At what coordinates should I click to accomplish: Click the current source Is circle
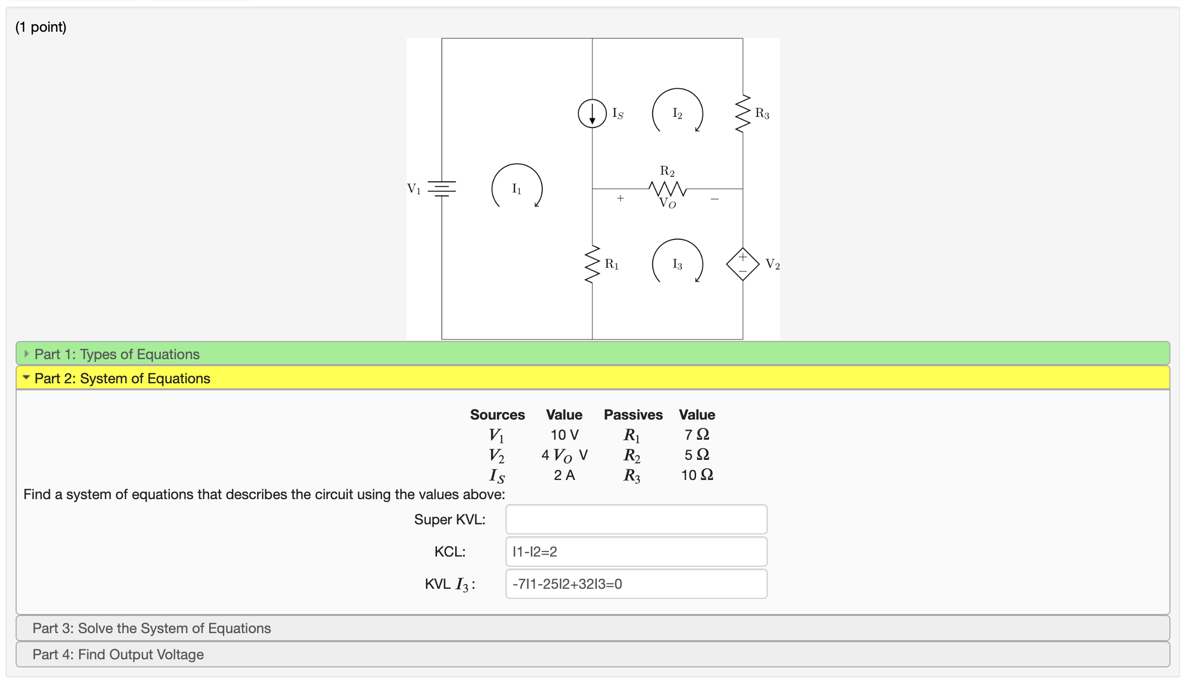pyautogui.click(x=592, y=113)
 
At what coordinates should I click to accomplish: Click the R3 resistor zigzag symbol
pyautogui.click(x=742, y=113)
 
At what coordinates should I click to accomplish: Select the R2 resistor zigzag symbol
pyautogui.click(x=667, y=189)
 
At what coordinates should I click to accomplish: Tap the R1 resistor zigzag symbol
pyautogui.click(x=592, y=264)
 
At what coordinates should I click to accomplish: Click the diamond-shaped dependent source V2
pyautogui.click(x=742, y=264)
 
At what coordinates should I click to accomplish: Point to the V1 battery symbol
pyautogui.click(x=442, y=188)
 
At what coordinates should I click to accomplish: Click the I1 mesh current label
pyautogui.click(x=517, y=188)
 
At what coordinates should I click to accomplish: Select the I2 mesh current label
pyautogui.click(x=677, y=113)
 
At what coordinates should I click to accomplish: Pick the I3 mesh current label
pyautogui.click(x=677, y=264)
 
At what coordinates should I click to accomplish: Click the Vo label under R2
pyautogui.click(x=667, y=203)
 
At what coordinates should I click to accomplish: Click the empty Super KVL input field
pyautogui.click(x=636, y=519)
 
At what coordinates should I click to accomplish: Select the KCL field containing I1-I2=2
pyautogui.click(x=636, y=552)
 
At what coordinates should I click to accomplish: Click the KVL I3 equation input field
pyautogui.click(x=636, y=584)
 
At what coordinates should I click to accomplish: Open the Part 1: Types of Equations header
pyautogui.click(x=117, y=354)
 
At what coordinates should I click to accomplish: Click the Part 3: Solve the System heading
pyautogui.click(x=152, y=628)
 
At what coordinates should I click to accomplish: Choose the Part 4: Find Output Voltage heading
pyautogui.click(x=118, y=654)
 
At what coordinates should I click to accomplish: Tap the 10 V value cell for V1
pyautogui.click(x=564, y=435)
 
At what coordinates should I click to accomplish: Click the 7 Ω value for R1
pyautogui.click(x=697, y=434)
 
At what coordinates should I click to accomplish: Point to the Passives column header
pyautogui.click(x=633, y=415)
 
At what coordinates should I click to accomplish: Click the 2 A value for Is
pyautogui.click(x=564, y=475)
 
